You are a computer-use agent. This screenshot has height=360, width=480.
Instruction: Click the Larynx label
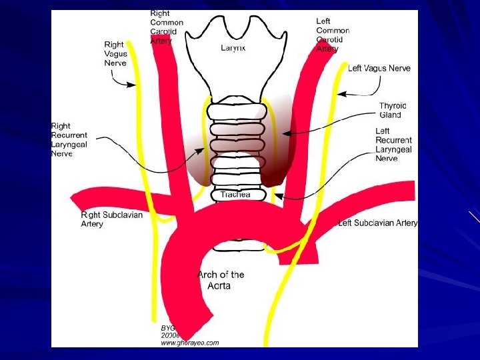pos(233,48)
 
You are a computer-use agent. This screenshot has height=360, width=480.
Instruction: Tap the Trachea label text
pos(235,195)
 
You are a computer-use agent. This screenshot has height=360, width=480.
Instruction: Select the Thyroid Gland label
pos(393,110)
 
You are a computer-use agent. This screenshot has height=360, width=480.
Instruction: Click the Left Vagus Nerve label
pos(379,68)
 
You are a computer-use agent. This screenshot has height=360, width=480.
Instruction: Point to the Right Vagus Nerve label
pos(115,53)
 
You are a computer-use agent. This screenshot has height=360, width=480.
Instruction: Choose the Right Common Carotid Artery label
pos(166,27)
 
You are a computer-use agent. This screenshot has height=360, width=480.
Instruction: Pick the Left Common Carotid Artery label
pos(332,35)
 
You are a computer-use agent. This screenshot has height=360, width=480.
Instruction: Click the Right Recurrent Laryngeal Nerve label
pos(70,139)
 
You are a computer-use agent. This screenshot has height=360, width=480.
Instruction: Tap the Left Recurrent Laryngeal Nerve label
pos(393,145)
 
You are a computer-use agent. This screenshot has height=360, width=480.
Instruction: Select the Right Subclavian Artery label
pos(111,219)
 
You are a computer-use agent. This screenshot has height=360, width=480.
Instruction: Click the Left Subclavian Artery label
pos(378,223)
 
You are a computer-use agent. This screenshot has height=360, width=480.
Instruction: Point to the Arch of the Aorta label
pos(221,279)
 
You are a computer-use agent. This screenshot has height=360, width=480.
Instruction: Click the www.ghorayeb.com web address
pos(189,343)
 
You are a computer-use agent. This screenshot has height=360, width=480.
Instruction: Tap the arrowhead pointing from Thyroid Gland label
pos(285,134)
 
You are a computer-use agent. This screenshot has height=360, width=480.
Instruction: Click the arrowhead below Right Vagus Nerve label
pos(135,85)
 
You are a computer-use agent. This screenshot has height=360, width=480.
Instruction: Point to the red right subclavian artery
pos(113,199)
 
